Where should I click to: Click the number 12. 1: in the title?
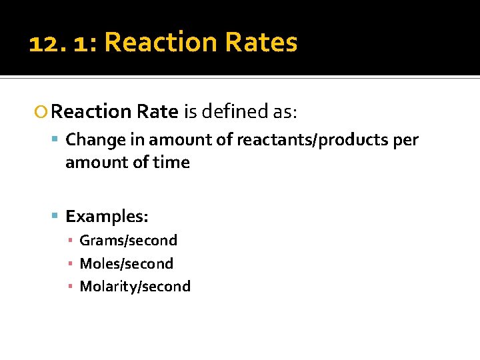tap(63, 43)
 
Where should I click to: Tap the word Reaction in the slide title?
tap(161, 43)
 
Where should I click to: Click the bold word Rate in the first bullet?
tap(158, 111)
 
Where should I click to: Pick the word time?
tap(172, 163)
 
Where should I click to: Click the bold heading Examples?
tap(107, 217)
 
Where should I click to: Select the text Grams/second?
tap(128, 241)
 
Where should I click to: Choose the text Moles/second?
tap(126, 263)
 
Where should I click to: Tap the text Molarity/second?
tap(135, 287)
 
